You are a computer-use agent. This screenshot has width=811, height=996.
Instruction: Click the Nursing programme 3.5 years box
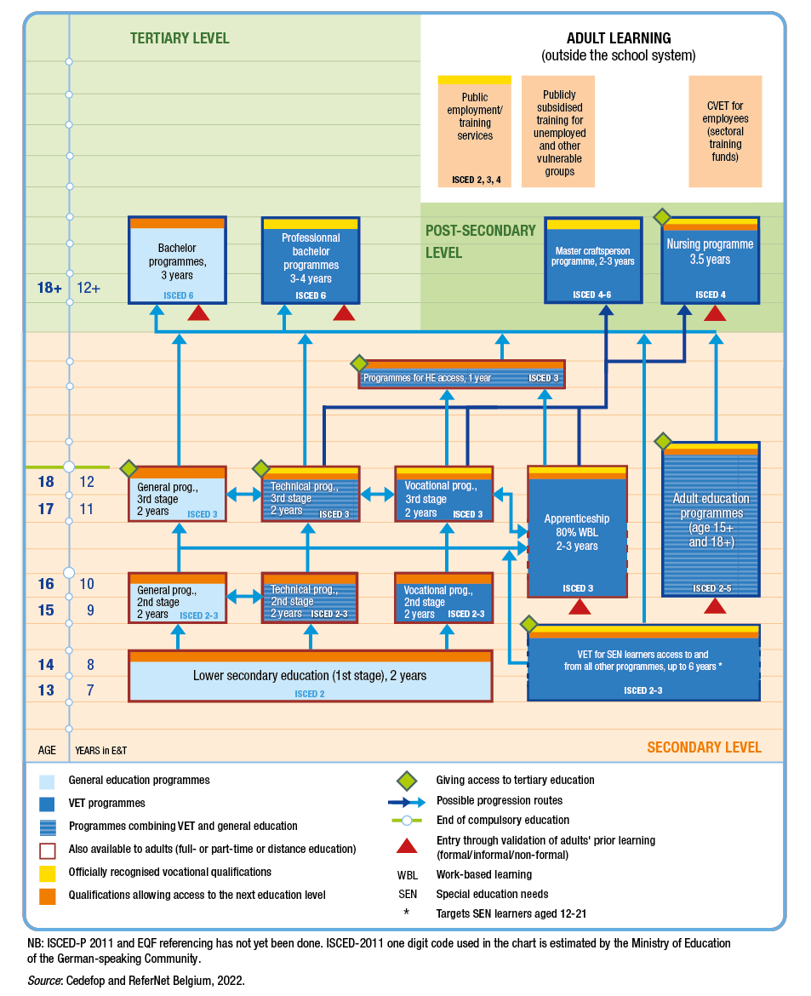pos(710,260)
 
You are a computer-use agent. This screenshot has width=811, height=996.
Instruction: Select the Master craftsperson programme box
pos(594,260)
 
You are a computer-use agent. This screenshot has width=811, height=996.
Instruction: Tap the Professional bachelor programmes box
pos(311,260)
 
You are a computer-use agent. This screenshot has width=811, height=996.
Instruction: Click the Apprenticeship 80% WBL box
pos(577,532)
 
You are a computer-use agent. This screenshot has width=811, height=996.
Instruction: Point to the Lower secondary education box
pos(310,676)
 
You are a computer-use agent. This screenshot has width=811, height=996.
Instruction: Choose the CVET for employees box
pos(725,132)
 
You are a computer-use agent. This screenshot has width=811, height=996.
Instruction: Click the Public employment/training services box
pos(475,132)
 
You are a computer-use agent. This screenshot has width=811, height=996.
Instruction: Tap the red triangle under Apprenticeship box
pos(580,606)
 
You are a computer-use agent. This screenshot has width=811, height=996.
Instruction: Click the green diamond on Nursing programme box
pos(663,217)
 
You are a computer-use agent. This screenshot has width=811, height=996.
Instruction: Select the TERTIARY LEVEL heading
pos(180,38)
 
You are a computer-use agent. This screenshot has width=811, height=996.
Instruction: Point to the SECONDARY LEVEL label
pos(704,747)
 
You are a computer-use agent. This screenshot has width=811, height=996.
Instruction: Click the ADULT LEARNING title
pos(619,38)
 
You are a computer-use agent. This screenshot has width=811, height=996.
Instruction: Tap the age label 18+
pos(49,288)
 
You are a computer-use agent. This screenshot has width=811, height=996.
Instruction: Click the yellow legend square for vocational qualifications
pos(48,873)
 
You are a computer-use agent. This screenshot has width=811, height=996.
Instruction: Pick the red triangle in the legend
pos(407,845)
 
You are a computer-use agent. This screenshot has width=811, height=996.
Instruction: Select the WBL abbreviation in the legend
pos(407,874)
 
